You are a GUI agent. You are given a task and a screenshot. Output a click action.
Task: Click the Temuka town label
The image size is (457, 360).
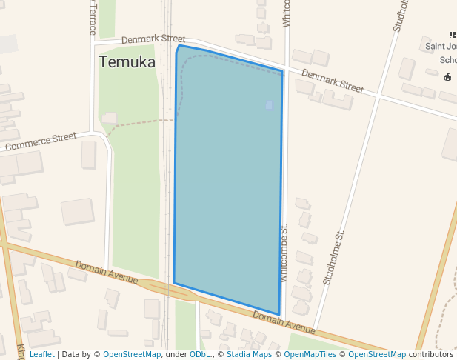point(127,62)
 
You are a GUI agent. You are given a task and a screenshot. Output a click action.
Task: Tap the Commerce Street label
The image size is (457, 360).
point(41,141)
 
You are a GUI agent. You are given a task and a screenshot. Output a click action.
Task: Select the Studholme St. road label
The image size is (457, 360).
point(335,258)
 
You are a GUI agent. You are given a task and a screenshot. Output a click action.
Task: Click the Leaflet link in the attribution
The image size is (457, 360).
point(41,354)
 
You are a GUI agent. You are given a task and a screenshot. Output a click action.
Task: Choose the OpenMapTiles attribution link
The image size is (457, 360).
point(311,354)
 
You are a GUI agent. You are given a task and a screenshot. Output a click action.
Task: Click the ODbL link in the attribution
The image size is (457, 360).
point(199,354)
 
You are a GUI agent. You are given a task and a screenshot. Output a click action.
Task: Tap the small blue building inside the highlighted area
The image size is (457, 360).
point(269,105)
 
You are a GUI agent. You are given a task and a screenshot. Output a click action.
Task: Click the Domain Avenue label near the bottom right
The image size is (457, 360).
point(284,321)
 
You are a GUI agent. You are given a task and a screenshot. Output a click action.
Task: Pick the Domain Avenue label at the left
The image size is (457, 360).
point(106,272)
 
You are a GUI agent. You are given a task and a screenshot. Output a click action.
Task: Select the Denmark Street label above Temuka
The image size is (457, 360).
point(153,39)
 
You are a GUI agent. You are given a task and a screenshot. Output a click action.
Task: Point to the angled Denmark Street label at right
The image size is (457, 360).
point(333,81)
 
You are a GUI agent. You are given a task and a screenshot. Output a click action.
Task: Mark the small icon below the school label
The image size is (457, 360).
point(447,77)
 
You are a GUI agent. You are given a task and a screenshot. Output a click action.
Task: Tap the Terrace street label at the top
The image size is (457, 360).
point(93,17)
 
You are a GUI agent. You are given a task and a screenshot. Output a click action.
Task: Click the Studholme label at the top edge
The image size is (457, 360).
point(401,15)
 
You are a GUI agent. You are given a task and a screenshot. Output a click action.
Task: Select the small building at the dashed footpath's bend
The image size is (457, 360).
point(110,118)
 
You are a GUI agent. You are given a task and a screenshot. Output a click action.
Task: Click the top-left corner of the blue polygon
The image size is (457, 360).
point(179,46)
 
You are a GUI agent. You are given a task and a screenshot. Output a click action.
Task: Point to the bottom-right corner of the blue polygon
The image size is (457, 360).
point(278,314)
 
